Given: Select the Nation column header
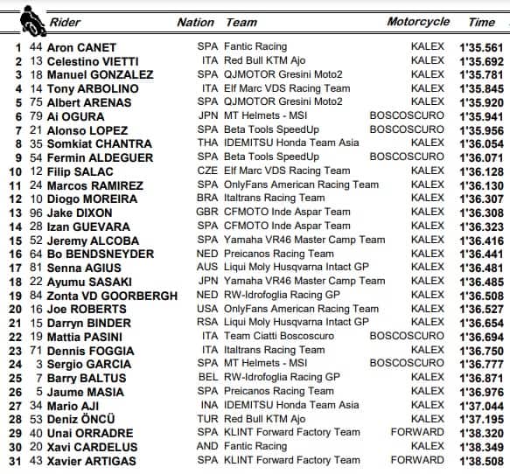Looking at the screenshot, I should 195,22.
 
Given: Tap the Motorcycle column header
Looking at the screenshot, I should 418,21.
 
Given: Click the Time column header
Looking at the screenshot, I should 481,22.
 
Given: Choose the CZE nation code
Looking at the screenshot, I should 207,171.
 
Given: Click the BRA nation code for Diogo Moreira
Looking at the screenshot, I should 207,199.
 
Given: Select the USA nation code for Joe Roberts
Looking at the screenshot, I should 207,309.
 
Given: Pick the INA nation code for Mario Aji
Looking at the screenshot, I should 207,405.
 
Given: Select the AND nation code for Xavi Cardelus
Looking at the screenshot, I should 207,446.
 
